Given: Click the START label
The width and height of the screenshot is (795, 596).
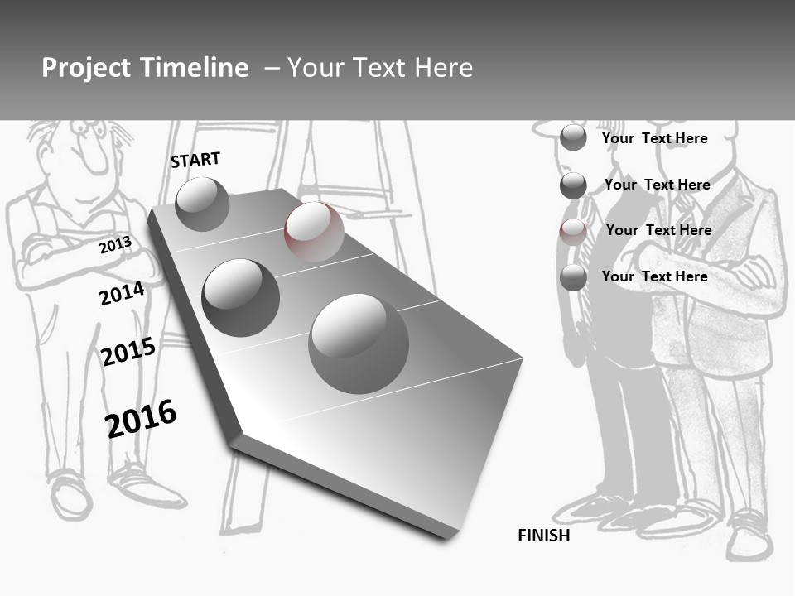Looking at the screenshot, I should coord(195,160).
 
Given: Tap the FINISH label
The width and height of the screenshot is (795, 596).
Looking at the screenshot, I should coord(544,536).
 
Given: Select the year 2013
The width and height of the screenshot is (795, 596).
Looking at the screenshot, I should coord(115,245).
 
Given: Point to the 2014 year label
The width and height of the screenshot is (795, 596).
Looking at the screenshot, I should coord(122,294).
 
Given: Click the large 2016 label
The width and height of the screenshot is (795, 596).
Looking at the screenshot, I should coord(141,419).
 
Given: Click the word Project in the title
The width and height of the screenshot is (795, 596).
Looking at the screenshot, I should coord(88,68).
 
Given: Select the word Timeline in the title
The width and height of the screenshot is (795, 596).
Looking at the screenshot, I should coord(198,68).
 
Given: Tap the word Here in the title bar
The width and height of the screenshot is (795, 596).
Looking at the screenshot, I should coord(443,68).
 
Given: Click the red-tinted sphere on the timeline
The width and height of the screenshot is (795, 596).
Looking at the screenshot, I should coord(314,232).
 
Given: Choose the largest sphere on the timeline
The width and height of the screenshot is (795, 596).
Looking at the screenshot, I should coord(359,343).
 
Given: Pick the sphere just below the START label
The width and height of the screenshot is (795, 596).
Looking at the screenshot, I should coord(202,204).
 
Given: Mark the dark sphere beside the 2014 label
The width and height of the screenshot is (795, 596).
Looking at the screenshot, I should coord(240,297).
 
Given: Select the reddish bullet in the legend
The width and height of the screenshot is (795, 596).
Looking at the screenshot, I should coord(572,231).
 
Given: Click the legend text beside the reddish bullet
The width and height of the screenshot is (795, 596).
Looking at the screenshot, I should coord(658,230).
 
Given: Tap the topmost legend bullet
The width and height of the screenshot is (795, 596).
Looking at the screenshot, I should coord(573,138).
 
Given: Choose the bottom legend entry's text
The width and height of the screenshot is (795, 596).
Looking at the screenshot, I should coord(654,276).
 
